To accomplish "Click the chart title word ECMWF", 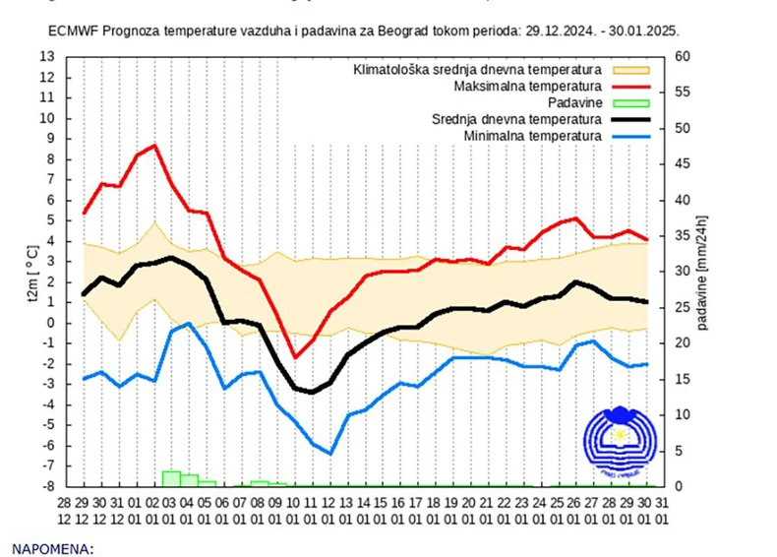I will point(74,31).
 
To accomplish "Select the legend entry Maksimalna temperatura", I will point(527,87).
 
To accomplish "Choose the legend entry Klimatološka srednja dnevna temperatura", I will point(478,71).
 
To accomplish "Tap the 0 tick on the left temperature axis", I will point(49,323).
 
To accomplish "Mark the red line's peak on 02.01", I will point(154,146).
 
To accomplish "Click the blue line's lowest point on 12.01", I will point(330,454).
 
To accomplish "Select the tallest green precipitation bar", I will point(171,478).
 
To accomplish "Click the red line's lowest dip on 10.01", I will point(294,357).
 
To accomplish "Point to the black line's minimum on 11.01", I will point(313,392).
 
